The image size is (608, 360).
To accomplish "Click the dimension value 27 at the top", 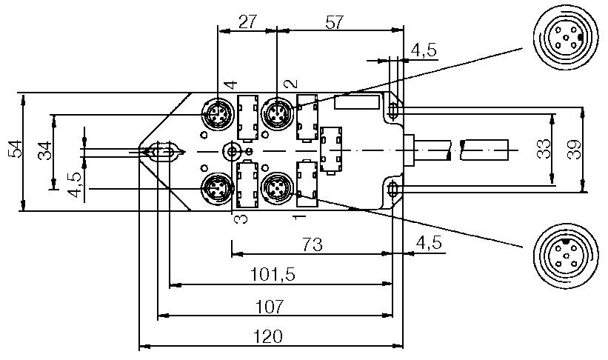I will [247, 21].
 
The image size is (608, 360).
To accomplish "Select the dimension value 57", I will [335, 21].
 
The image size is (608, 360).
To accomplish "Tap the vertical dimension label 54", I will [14, 150].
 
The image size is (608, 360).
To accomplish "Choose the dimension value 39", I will [572, 149].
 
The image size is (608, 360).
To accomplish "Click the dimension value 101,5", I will [273, 274].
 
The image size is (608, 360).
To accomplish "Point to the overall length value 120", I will [267, 336].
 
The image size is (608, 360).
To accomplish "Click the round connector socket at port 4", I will [216, 115].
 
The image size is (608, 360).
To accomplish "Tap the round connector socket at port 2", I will [276, 115].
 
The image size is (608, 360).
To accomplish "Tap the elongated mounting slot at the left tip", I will [162, 153].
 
